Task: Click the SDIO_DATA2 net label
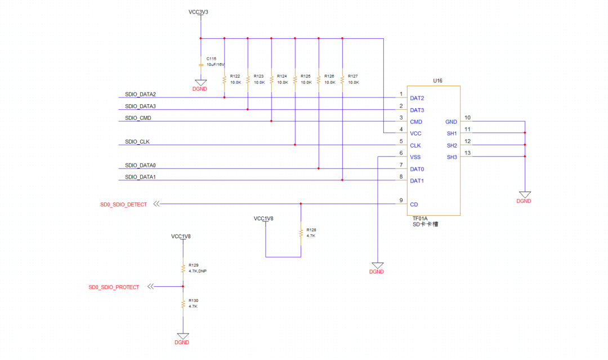(140, 94)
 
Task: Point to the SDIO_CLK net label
(137, 141)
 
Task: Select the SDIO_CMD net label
(138, 118)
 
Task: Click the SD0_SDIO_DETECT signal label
(123, 205)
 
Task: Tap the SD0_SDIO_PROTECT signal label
(114, 287)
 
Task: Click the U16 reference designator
(437, 81)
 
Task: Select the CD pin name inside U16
(414, 205)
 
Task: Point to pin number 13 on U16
(467, 153)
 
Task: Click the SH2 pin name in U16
(451, 145)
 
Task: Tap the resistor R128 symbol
(301, 233)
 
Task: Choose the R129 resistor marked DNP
(183, 268)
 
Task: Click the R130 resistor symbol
(183, 304)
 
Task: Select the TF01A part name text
(420, 218)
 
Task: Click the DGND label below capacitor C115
(200, 88)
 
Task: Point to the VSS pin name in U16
(416, 157)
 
